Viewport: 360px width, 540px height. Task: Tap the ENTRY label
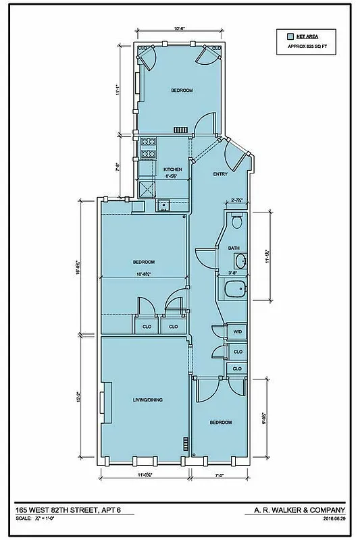click(x=220, y=174)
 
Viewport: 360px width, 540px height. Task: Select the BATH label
click(x=234, y=248)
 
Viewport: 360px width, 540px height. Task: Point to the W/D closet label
click(x=237, y=332)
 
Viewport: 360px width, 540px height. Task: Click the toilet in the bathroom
click(x=236, y=221)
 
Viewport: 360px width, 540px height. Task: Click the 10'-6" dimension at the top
click(x=178, y=29)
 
